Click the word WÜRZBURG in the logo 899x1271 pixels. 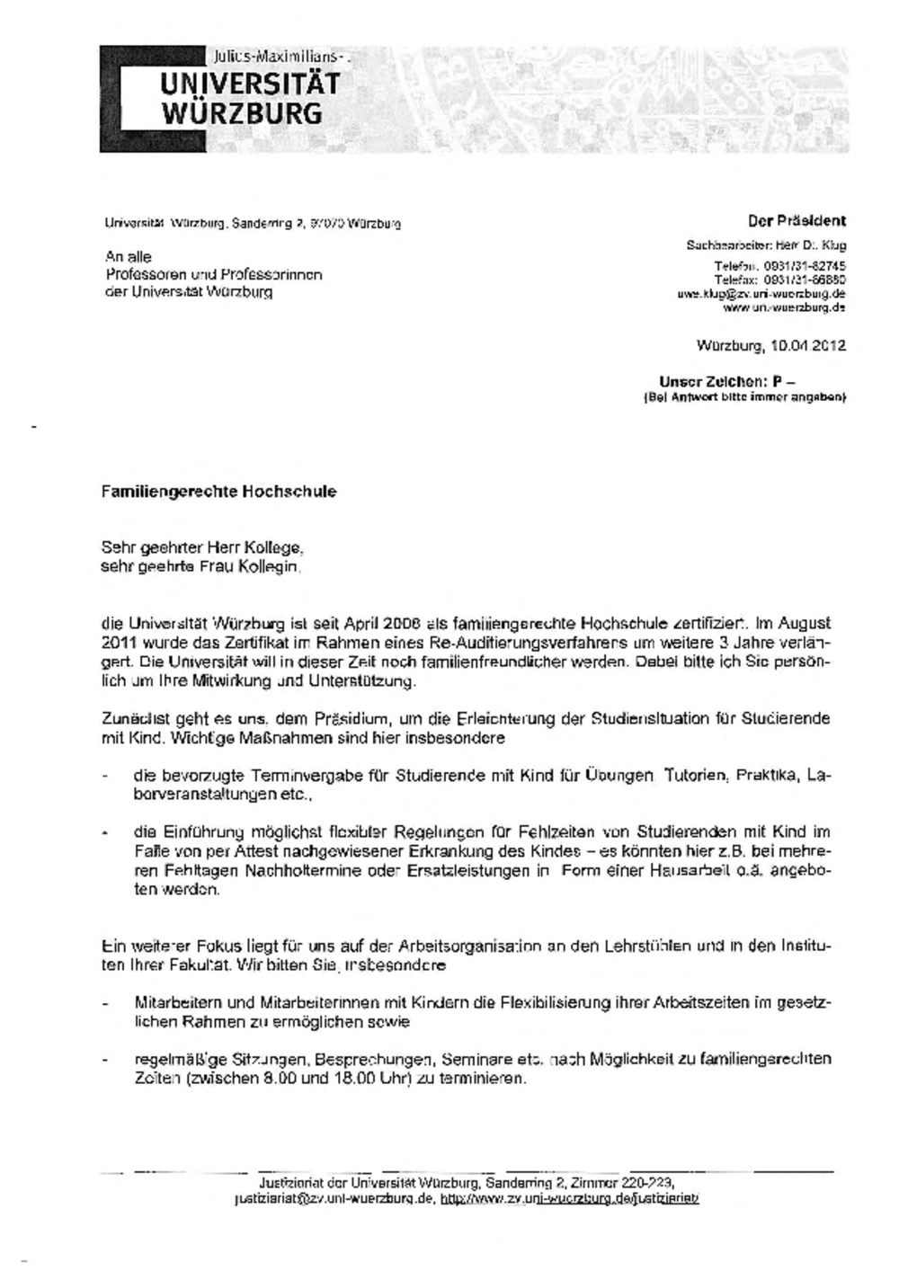[241, 113]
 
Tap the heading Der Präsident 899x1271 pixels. [797, 220]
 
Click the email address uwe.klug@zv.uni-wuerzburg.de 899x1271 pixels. [761, 294]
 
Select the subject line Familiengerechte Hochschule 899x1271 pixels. [218, 492]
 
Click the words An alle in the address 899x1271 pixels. [129, 257]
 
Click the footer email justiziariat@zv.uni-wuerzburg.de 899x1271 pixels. [333, 1198]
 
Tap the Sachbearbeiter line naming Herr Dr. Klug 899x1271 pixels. [766, 244]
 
